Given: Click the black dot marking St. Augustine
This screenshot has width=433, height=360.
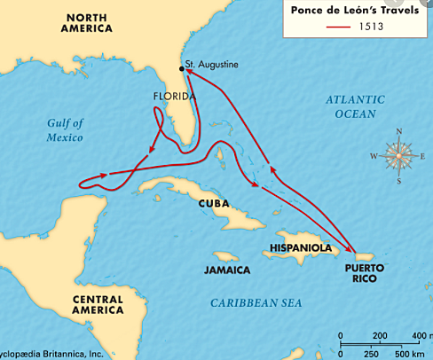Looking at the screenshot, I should [182, 66].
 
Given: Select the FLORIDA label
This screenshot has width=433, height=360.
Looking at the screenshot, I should [173, 97].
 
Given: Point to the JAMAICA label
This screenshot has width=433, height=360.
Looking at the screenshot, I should [226, 269].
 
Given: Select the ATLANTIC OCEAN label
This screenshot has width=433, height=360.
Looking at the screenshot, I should [354, 106].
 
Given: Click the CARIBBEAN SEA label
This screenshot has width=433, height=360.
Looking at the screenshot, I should [256, 303].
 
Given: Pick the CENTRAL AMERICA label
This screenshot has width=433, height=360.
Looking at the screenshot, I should [98, 305].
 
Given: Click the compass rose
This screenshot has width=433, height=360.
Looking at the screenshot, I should [399, 157].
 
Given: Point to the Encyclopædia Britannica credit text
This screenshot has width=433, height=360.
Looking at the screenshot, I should [53, 354].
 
